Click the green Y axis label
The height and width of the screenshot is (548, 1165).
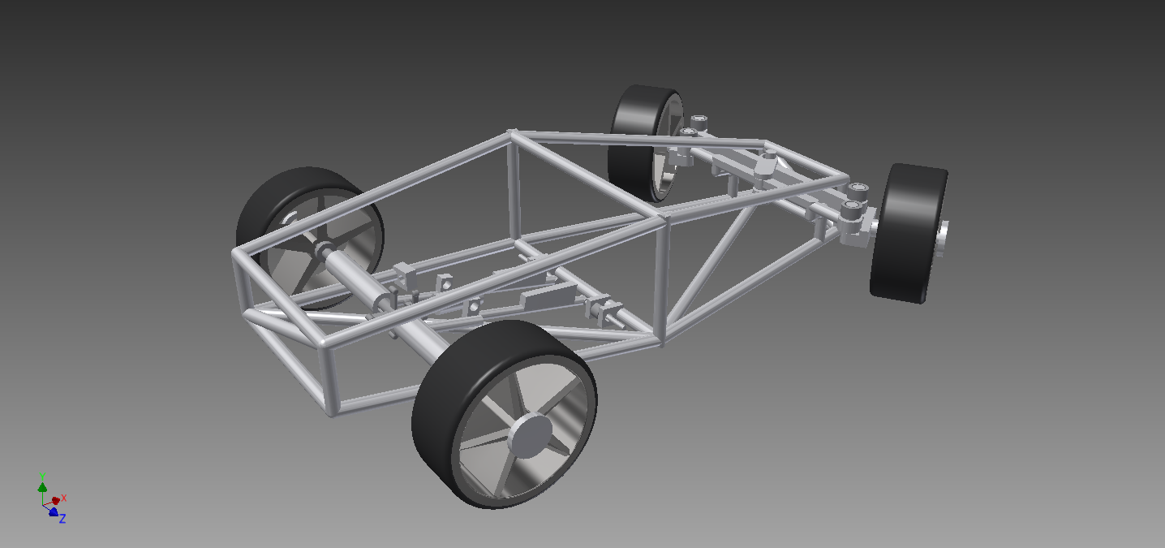coord(42,477)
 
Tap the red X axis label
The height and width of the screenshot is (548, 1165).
coord(64,498)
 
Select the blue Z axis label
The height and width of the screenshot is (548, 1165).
coord(62,518)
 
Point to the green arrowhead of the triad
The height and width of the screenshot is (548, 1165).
coord(42,487)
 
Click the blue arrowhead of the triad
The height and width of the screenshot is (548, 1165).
coord(53,512)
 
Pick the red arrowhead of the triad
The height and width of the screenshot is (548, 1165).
coord(56,501)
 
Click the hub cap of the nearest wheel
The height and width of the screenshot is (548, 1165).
coord(530,436)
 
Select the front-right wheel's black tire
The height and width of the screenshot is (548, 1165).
coord(908,233)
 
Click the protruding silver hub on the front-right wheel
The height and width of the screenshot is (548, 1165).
coord(943,239)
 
